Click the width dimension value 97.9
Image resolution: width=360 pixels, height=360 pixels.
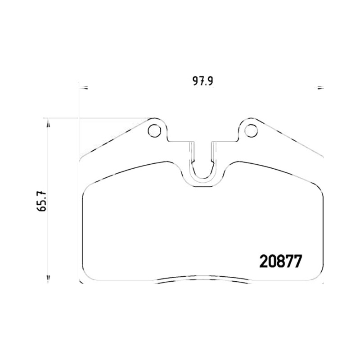coord(203,81)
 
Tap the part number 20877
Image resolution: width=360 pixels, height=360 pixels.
coord(280,261)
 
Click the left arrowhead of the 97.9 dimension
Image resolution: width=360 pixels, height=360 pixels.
coord(85,87)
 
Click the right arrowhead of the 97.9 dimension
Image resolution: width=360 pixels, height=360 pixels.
coord(320,87)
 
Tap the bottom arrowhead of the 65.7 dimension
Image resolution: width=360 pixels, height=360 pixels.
coord(48,278)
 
